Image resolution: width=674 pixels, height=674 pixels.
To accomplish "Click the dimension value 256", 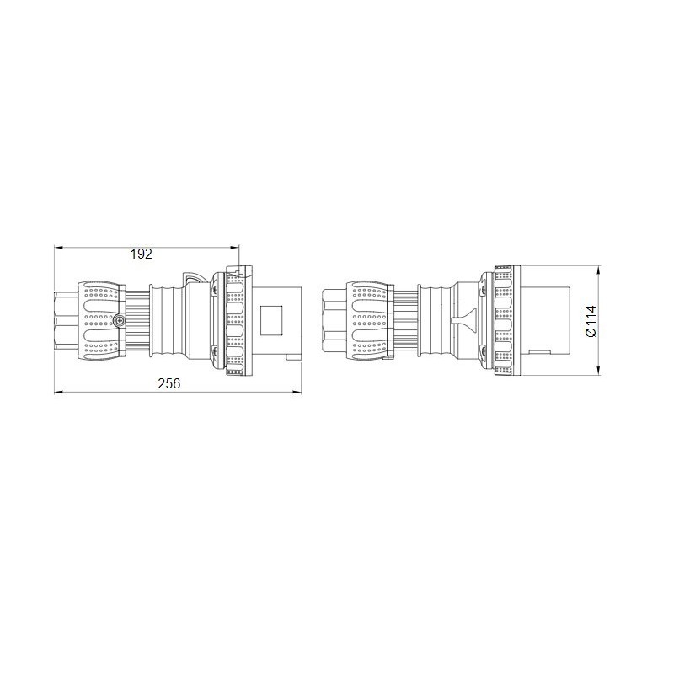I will coord(169,383).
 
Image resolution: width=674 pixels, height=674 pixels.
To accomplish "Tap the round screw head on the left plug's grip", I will coord(119,321).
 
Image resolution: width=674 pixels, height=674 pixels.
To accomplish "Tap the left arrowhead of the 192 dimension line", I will coord(57,247).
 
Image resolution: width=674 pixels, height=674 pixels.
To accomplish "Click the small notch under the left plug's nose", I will coord(292,356).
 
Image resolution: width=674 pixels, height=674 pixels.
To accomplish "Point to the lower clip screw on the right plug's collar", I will coord(483,350).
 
